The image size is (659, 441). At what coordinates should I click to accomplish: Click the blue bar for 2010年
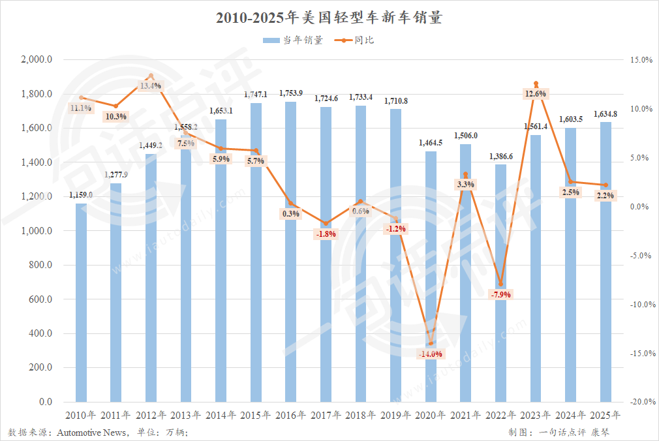(81, 303)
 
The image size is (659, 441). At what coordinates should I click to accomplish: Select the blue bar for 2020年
(431, 277)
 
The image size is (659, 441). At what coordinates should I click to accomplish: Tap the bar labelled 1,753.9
(290, 251)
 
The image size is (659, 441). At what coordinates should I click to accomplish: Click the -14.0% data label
(431, 354)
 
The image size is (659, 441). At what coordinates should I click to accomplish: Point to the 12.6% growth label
(536, 94)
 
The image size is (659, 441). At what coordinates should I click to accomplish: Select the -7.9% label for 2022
(500, 295)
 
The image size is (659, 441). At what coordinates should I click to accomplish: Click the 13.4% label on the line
(151, 86)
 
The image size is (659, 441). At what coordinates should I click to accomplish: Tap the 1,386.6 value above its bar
(500, 157)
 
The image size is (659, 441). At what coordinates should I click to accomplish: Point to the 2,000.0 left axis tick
(37, 60)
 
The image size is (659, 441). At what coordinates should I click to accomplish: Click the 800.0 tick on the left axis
(40, 266)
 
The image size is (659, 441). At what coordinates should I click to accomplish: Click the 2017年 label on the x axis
(326, 415)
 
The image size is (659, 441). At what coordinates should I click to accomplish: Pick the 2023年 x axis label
(536, 415)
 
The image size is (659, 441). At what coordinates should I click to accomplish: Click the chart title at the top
(329, 18)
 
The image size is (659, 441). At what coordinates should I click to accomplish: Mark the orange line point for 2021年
(465, 174)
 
